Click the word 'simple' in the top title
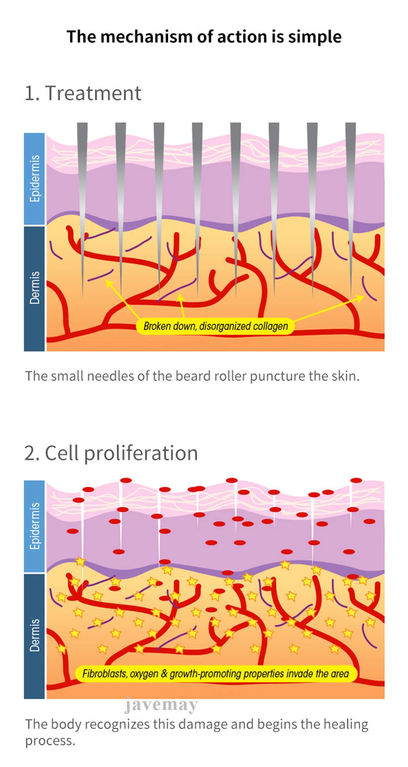click(x=315, y=37)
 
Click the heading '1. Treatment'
click(x=83, y=93)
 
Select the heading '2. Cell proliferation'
click(x=111, y=453)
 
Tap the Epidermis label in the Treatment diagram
click(x=35, y=179)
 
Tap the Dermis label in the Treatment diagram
click(x=35, y=288)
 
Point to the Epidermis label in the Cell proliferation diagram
click(x=35, y=526)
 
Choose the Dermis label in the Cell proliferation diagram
click(x=35, y=635)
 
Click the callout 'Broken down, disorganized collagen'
click(x=215, y=326)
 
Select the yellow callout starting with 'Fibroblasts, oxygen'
click(x=215, y=674)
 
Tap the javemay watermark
click(x=161, y=705)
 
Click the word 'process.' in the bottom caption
click(x=50, y=741)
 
